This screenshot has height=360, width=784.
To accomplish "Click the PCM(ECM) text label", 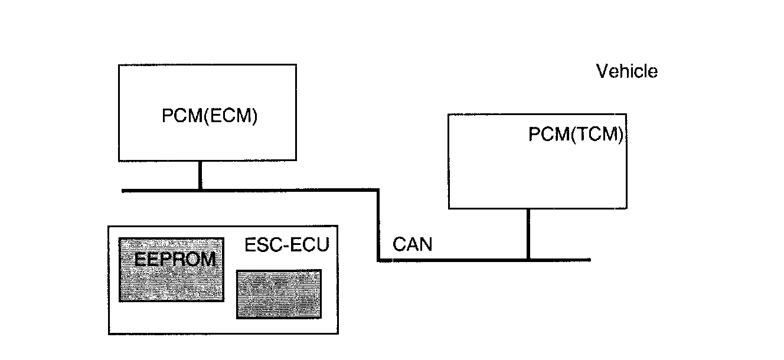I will [210, 117].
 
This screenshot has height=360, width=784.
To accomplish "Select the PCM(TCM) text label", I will [576, 135].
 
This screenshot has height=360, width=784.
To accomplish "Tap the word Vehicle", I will [627, 72].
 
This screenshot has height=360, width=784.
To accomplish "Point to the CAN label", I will [412, 244].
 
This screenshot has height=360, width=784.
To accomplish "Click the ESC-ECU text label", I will [286, 245].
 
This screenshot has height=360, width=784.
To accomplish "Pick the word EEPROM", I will [174, 260].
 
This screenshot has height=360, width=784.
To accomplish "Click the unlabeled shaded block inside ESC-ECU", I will [279, 294].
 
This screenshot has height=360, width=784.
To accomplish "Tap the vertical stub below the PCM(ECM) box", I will [200, 175].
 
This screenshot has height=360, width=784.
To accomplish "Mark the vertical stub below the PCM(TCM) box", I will [528, 234].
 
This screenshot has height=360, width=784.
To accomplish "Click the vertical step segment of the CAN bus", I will [378, 225].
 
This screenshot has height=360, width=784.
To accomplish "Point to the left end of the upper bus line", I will [123, 190].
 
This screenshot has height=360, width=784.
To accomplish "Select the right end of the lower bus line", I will [589, 260].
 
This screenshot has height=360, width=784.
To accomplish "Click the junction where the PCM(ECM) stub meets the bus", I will [200, 190].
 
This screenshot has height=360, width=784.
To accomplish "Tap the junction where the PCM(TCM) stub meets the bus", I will [528, 260].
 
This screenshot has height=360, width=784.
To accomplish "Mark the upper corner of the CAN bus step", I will [378, 190].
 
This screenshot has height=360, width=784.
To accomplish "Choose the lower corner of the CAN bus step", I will [378, 260].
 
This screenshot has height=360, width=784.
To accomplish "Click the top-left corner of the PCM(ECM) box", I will [119, 65].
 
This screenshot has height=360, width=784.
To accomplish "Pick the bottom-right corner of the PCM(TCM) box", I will [626, 208].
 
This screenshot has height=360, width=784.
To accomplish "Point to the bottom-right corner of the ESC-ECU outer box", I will [338, 334].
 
